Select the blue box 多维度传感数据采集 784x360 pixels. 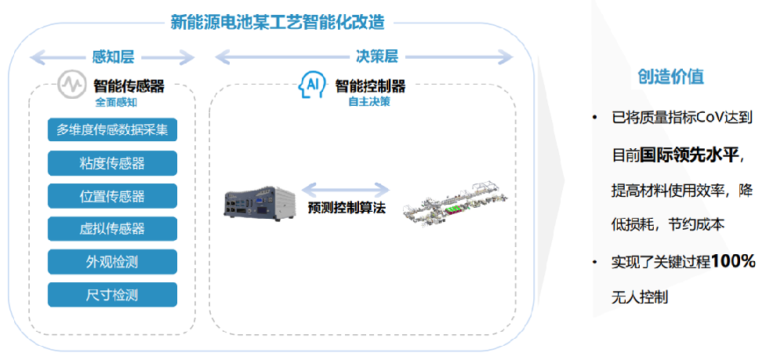112,130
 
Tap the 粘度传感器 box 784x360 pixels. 112,163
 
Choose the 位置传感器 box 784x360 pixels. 112,196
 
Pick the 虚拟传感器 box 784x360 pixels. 112,229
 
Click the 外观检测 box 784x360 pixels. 112,262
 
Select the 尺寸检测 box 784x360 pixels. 112,294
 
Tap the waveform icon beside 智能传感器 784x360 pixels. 71,85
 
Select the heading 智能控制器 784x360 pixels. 370,86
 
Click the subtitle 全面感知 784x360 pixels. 116,103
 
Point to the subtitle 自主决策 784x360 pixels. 369,102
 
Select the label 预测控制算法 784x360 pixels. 347,208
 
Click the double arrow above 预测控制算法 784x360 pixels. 346,190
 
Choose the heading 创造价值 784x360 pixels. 670,77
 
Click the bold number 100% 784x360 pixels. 733,260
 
